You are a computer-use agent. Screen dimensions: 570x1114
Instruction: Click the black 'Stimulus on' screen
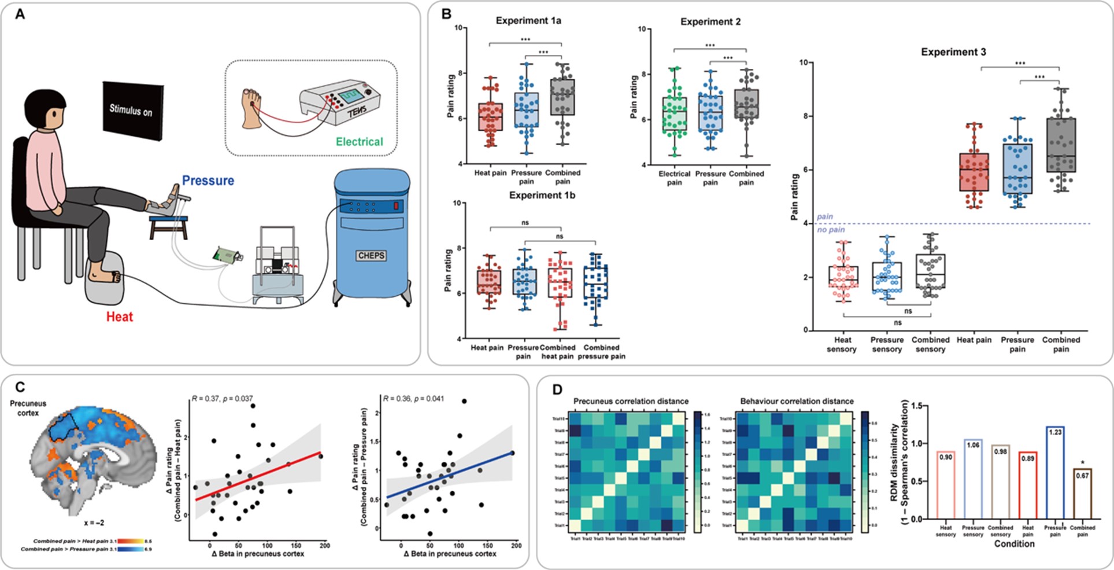132,111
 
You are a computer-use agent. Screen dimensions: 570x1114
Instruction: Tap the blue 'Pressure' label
208,181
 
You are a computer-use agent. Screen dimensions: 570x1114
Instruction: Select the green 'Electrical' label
360,142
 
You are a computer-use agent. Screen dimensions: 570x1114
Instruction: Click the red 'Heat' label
120,317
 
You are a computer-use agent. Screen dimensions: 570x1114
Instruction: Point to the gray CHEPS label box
371,255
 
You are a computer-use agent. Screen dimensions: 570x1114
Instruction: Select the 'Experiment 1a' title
528,21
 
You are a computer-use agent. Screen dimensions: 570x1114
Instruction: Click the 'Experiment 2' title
710,22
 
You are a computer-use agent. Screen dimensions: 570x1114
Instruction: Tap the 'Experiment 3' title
953,52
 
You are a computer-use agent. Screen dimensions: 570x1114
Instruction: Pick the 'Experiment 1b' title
542,196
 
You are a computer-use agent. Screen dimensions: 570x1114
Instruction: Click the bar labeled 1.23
1055,472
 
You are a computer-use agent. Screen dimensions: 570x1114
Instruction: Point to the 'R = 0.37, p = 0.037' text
221,399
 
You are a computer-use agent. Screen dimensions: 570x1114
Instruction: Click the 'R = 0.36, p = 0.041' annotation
413,399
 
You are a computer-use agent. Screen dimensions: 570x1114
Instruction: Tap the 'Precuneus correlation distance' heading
631,401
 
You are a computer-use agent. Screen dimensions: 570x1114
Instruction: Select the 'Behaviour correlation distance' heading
797,401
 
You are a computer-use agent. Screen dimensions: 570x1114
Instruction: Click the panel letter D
558,389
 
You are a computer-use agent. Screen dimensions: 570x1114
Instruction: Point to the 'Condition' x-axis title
1014,544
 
